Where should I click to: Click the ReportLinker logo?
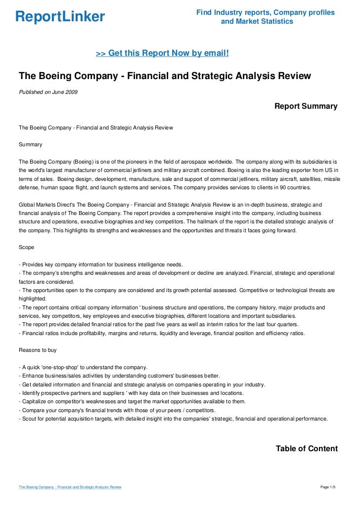tap(60, 17)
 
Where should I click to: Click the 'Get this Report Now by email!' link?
tap(162, 53)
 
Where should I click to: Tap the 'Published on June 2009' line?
tap(48, 92)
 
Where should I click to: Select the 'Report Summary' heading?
tap(306, 106)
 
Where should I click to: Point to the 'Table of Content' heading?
tap(306, 449)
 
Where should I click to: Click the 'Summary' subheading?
tap(30, 145)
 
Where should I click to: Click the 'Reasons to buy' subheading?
tap(38, 350)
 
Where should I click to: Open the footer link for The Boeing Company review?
tap(70, 487)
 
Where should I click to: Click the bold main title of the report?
tap(165, 76)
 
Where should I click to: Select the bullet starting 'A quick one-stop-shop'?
tap(83, 367)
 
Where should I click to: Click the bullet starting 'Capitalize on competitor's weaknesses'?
tap(132, 401)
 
